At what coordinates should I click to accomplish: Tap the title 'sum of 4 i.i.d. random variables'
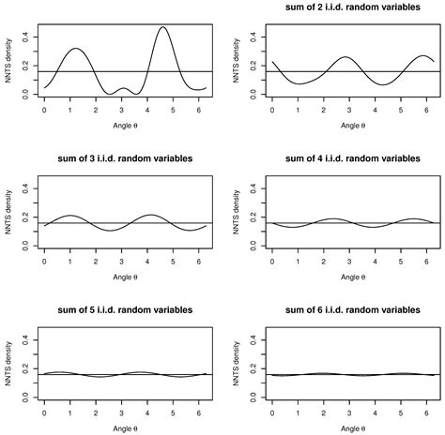click(334, 158)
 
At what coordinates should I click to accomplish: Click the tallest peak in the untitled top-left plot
click(163, 27)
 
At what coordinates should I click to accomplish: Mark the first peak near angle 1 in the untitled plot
click(76, 49)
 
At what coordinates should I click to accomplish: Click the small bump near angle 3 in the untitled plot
click(123, 87)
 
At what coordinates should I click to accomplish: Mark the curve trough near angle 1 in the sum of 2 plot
click(278, 83)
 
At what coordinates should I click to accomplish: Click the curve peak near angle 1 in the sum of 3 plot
click(74, 216)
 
